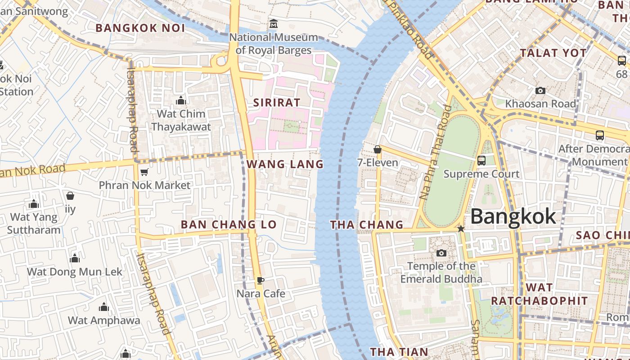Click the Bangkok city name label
513,217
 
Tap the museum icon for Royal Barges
273,23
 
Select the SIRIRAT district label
276,103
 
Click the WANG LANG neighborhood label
285,164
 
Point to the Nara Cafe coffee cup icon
260,281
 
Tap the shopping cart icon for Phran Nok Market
144,172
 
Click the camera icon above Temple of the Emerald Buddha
441,253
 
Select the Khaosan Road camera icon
540,91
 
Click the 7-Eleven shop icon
378,149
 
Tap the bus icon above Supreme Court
481,160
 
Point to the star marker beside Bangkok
460,229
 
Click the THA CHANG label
367,225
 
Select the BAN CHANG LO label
228,225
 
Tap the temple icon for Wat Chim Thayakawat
181,100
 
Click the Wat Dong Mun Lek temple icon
75,259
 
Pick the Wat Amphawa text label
104,320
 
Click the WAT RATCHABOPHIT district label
539,294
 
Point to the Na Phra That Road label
435,152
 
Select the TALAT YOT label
553,53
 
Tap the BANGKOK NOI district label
140,28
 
